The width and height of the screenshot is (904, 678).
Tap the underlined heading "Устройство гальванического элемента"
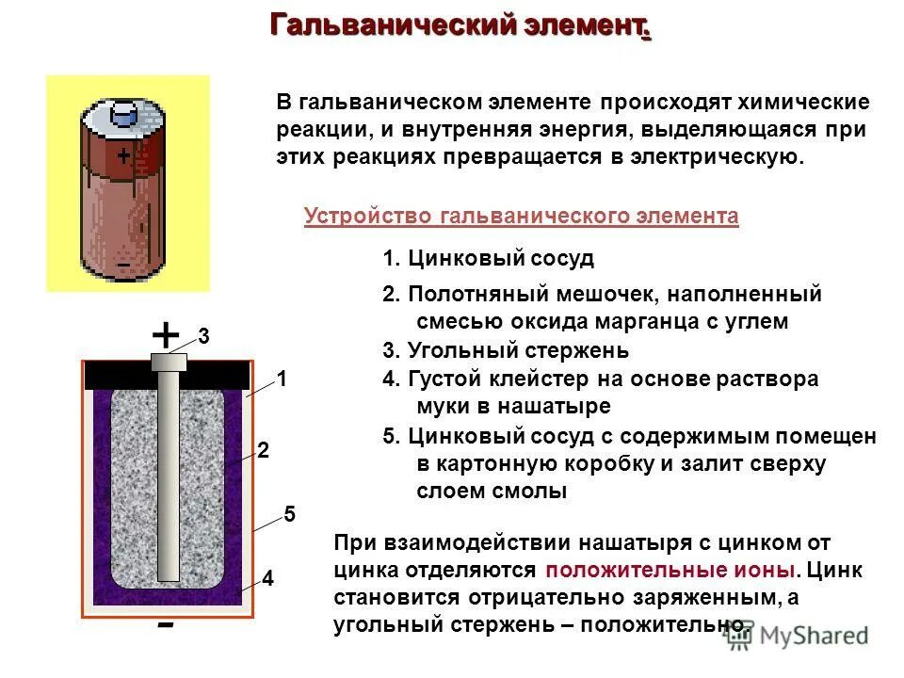[521, 217]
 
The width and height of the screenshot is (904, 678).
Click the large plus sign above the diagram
[165, 334]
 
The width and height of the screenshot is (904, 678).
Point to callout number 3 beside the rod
[203, 336]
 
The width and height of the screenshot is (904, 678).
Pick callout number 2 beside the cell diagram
[264, 452]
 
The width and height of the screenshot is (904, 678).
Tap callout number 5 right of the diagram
[289, 514]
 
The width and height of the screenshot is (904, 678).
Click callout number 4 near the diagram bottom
[267, 579]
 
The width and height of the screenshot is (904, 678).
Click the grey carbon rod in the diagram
[169, 471]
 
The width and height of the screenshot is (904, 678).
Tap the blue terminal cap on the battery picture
[124, 114]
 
